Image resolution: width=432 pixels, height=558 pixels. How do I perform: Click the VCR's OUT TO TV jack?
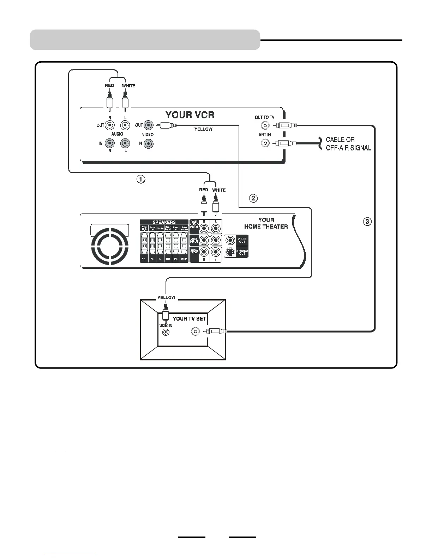pyautogui.click(x=265, y=125)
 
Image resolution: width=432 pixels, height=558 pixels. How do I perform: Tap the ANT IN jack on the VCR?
pyautogui.click(x=265, y=143)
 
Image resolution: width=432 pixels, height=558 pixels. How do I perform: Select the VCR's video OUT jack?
pyautogui.click(x=149, y=125)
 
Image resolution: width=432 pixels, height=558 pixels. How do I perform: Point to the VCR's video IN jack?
pyautogui.click(x=149, y=143)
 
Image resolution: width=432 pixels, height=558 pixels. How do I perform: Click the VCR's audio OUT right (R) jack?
pyautogui.click(x=110, y=125)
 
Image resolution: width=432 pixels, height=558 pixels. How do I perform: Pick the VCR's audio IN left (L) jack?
pyautogui.click(x=125, y=143)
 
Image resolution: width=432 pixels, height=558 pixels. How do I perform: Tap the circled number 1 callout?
pyautogui.click(x=141, y=179)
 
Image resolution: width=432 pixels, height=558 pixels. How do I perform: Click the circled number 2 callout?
pyautogui.click(x=253, y=198)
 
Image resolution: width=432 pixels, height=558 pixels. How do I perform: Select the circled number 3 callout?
pyautogui.click(x=367, y=222)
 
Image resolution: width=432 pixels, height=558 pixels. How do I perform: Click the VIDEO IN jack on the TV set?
pyautogui.click(x=164, y=332)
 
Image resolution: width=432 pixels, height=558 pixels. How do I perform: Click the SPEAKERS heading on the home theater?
pyautogui.click(x=164, y=222)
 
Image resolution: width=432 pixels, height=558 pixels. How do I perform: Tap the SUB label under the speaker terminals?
pyautogui.click(x=184, y=259)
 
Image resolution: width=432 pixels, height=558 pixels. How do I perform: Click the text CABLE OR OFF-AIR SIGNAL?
pyautogui.click(x=348, y=144)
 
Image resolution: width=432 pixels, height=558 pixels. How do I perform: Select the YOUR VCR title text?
pyautogui.click(x=190, y=115)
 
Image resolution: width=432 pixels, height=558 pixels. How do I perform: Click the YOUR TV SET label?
pyautogui.click(x=189, y=318)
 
